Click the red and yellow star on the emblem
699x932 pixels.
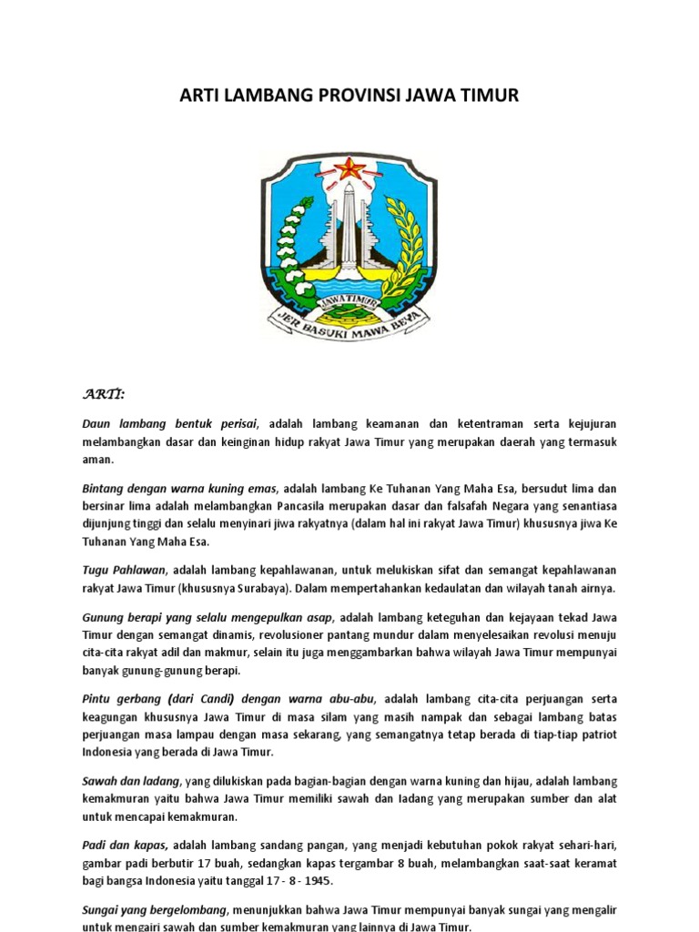tap(349, 167)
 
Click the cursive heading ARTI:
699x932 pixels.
tap(104, 393)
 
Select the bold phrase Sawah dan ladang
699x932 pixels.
tap(132, 782)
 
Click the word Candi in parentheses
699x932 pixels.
tap(211, 699)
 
